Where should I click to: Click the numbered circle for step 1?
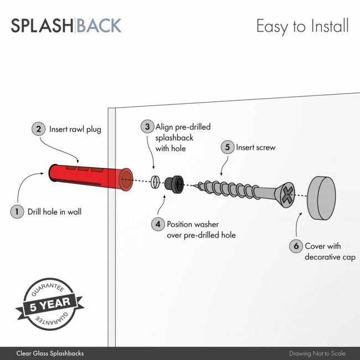18,212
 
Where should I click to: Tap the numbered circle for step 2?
38,129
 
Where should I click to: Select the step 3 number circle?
147,127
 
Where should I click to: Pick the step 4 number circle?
158,224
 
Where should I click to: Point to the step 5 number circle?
227,147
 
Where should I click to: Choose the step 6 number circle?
296,246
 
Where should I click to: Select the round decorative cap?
322,198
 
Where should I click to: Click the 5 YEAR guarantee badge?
50,304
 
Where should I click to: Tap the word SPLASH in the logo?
42,26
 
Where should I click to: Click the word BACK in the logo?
99,26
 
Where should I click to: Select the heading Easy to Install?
302,26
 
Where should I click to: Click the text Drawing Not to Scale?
317,353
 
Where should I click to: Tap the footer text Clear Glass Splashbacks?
50,353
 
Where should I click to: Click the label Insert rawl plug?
75,129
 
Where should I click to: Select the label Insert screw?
256,147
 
